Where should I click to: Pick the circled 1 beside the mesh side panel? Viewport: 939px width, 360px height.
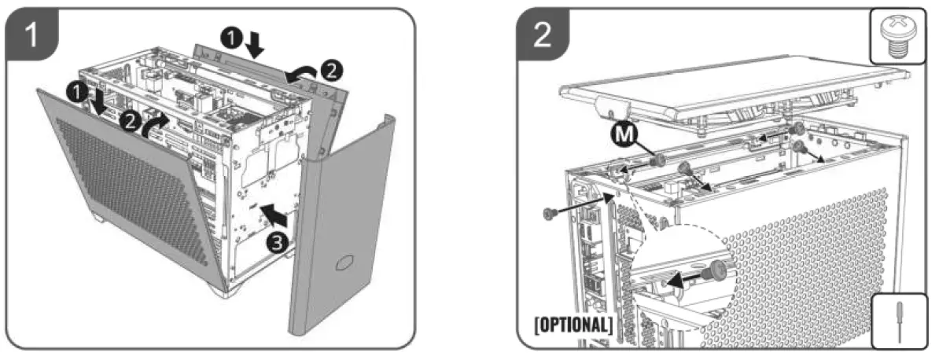[77, 91]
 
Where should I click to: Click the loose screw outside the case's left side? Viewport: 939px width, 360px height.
[550, 213]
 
